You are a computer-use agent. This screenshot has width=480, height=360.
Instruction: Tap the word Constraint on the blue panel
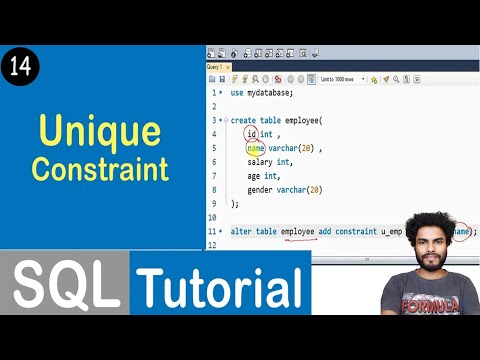pyautogui.click(x=99, y=168)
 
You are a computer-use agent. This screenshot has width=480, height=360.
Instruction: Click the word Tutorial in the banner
pyautogui.click(x=219, y=287)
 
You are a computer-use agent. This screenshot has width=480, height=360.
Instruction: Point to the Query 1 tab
pyautogui.click(x=215, y=67)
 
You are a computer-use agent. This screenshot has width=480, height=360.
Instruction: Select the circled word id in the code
pyautogui.click(x=251, y=134)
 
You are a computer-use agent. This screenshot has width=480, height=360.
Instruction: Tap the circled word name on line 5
pyautogui.click(x=256, y=148)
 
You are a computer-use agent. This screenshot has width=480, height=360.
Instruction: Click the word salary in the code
pyautogui.click(x=260, y=161)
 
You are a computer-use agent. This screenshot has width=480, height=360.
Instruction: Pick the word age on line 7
pyautogui.click(x=254, y=175)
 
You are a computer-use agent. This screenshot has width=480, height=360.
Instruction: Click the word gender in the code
pyautogui.click(x=261, y=189)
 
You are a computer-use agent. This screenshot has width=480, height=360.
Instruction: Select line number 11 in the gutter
pyautogui.click(x=212, y=231)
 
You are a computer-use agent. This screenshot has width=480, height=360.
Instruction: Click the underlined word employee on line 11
pyautogui.click(x=298, y=231)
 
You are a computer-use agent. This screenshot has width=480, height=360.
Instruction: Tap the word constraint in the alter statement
pyautogui.click(x=356, y=231)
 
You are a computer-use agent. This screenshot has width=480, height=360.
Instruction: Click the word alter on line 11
pyautogui.click(x=241, y=231)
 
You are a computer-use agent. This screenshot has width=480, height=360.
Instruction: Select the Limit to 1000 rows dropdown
pyautogui.click(x=341, y=79)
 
